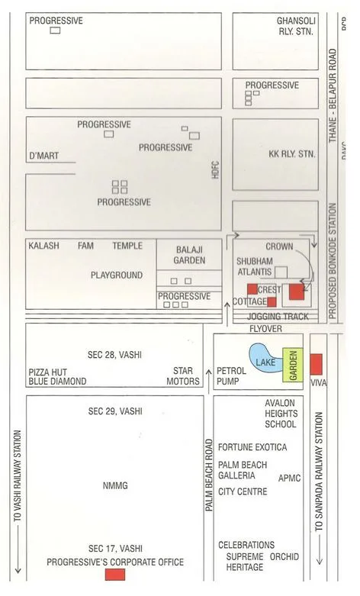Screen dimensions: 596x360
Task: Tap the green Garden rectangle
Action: pyautogui.click(x=291, y=364)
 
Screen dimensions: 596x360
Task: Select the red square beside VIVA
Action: pyautogui.click(x=317, y=364)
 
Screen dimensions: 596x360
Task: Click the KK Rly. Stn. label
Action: pyautogui.click(x=292, y=153)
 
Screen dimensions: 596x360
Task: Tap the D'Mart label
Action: pyautogui.click(x=43, y=156)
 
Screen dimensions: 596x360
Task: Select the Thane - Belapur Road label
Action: pyautogui.click(x=333, y=97)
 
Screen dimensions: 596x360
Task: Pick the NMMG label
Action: pyautogui.click(x=114, y=485)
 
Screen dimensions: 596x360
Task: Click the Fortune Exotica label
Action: pyautogui.click(x=252, y=446)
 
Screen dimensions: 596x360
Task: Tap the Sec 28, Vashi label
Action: pyautogui.click(x=114, y=355)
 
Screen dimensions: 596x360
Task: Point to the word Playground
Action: pyautogui.click(x=117, y=275)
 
